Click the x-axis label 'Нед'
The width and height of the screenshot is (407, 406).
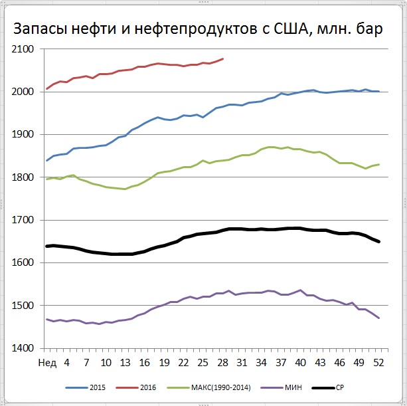point(47,361)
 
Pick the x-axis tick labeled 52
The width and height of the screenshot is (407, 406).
point(378,361)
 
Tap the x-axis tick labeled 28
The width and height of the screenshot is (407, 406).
point(222,361)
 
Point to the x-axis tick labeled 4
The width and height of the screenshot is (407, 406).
point(66,361)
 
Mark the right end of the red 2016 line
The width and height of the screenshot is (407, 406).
point(223,58)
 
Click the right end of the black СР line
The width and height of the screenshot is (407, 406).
point(378,241)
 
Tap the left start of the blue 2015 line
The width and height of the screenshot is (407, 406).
point(46,161)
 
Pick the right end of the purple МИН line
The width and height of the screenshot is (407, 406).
point(378,318)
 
